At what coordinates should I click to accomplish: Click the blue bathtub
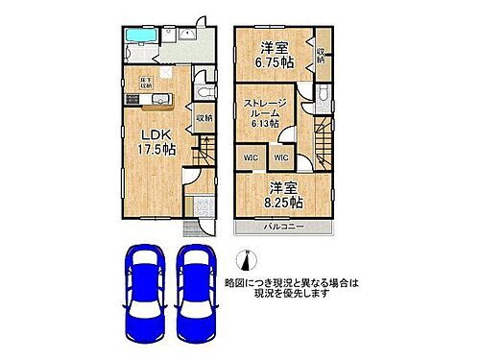[x=139, y=36]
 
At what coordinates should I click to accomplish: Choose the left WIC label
[x=251, y=157]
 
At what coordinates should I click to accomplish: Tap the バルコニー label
[x=284, y=228]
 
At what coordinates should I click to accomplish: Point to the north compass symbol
[x=247, y=259]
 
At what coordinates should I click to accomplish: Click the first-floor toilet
[x=202, y=90]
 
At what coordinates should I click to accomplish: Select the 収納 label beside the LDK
[x=204, y=118]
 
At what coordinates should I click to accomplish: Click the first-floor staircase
[x=204, y=150]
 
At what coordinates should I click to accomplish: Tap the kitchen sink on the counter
[x=132, y=100]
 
